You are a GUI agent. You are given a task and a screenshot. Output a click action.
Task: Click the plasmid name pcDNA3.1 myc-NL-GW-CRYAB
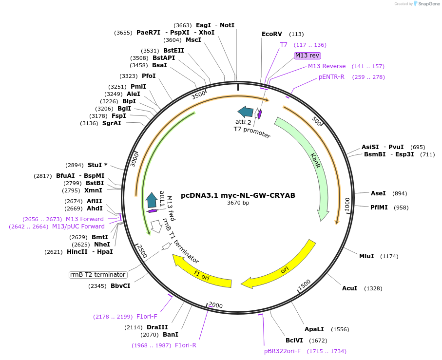click(238, 195)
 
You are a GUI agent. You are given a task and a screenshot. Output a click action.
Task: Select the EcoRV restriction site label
click(272, 34)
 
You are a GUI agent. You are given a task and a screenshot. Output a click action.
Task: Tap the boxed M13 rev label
click(307, 56)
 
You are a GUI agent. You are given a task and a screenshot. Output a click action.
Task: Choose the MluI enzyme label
click(366, 256)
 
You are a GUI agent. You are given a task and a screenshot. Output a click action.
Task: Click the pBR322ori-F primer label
click(282, 351)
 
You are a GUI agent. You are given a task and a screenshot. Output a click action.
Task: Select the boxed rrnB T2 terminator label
click(98, 275)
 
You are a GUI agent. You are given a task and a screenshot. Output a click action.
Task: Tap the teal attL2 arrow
click(246, 112)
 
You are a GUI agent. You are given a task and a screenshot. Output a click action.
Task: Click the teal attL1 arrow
click(152, 200)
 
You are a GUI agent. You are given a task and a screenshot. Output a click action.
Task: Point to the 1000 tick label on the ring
click(347, 204)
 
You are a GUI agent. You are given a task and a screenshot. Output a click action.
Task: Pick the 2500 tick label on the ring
click(142, 251)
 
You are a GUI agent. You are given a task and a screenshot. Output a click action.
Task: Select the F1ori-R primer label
click(186, 345)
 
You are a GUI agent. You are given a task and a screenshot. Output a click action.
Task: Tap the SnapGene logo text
click(429, 4)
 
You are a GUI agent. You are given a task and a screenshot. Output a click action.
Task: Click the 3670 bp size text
click(238, 203)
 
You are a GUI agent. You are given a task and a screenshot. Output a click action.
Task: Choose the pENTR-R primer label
click(331, 77)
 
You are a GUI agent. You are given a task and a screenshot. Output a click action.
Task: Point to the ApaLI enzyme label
click(314, 329)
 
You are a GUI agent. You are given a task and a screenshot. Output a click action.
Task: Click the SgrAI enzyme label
click(112, 123)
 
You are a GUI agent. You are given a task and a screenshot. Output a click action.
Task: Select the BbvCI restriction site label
click(120, 286)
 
